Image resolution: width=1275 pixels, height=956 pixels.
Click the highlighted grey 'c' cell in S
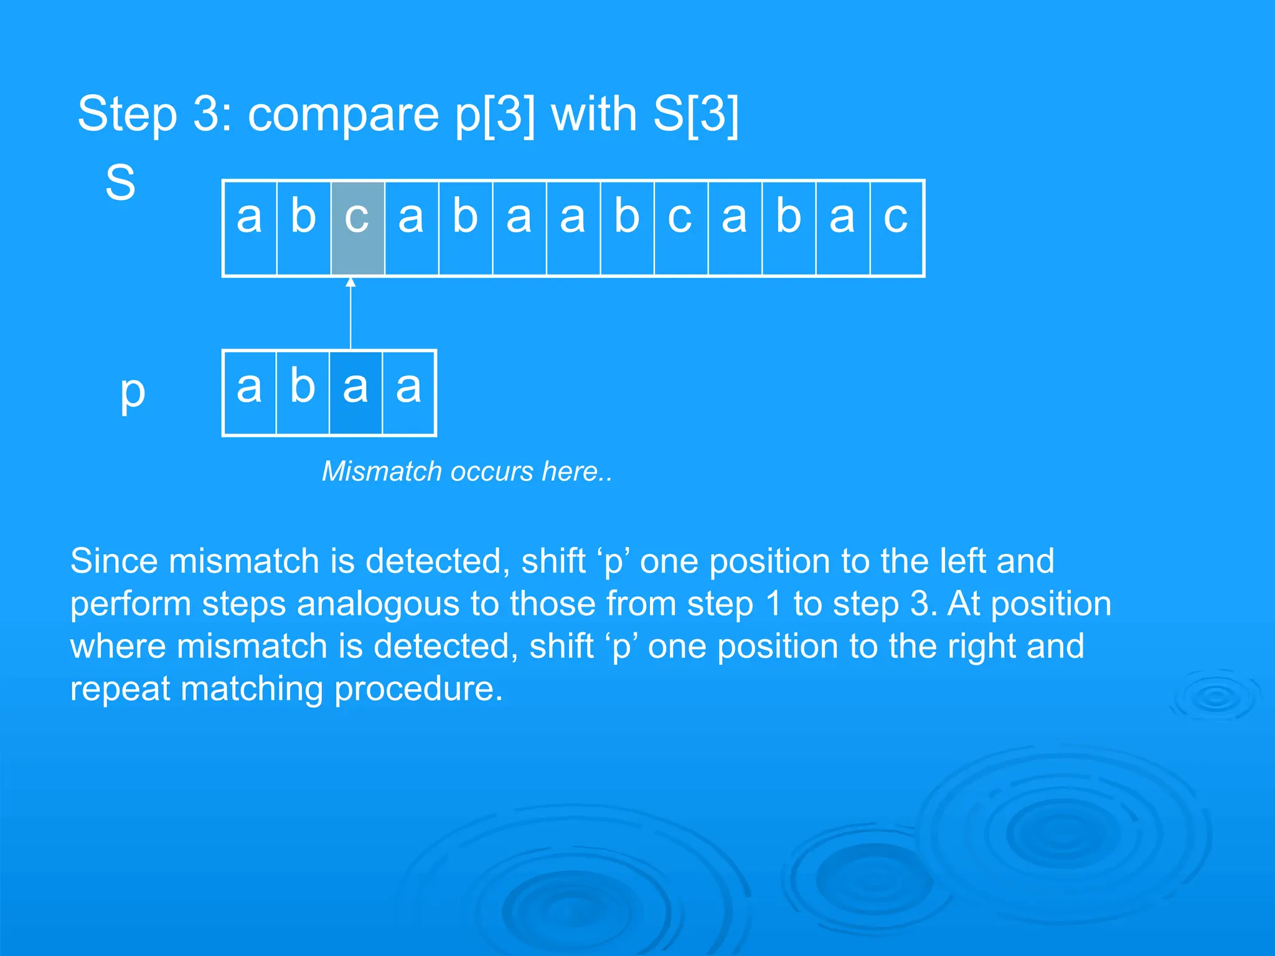click(x=357, y=228)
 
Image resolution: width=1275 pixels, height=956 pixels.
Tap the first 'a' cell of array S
click(x=250, y=228)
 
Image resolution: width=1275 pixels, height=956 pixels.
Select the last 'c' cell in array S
click(x=896, y=228)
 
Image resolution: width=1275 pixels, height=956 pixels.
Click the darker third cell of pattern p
click(x=355, y=393)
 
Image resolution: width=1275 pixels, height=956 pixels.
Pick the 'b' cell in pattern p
click(x=303, y=393)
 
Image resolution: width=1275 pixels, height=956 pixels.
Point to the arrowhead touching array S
click(x=351, y=283)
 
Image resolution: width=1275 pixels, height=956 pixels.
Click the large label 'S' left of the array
click(x=120, y=183)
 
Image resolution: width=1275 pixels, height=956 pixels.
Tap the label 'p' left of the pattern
click(x=132, y=392)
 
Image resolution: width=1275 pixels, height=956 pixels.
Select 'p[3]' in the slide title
click(x=495, y=114)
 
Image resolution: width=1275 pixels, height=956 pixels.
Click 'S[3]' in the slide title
click(x=695, y=114)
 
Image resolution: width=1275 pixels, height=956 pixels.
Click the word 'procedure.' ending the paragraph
click(x=418, y=690)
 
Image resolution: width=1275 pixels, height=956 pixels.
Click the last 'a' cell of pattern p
click(x=409, y=393)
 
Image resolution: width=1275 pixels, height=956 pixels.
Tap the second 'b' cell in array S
click(x=465, y=228)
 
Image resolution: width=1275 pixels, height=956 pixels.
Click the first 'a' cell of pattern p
click(x=249, y=393)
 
